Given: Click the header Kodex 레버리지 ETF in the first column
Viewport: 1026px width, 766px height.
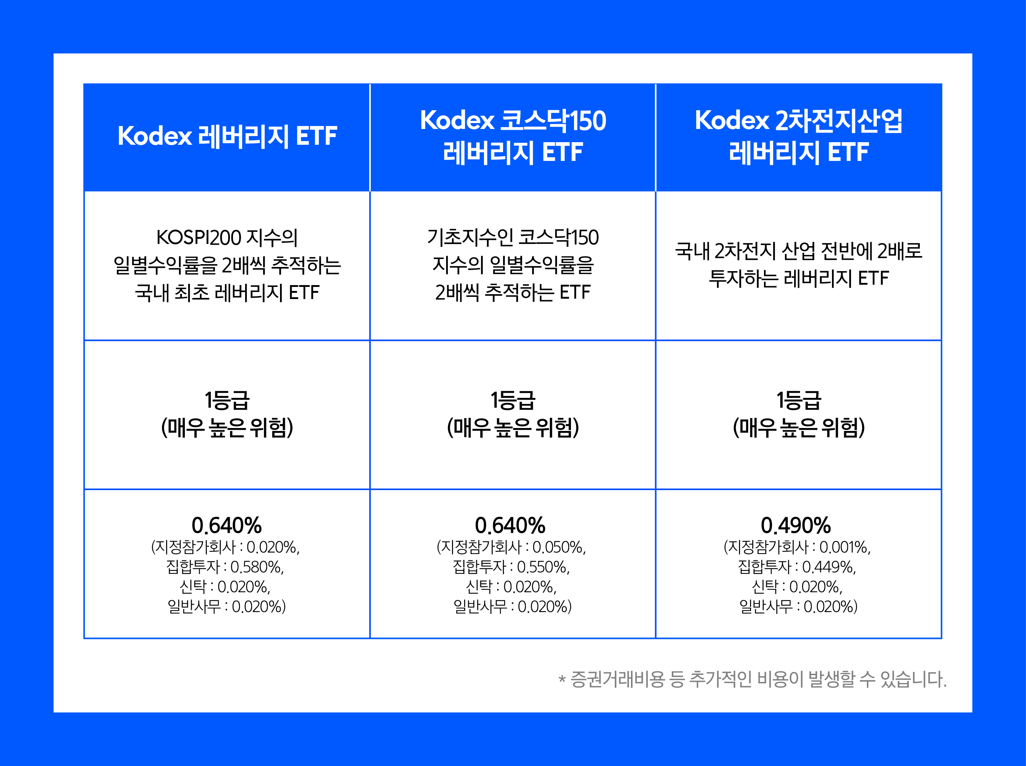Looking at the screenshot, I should pyautogui.click(x=227, y=136).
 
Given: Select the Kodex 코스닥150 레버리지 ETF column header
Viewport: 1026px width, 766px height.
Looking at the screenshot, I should pyautogui.click(x=513, y=136).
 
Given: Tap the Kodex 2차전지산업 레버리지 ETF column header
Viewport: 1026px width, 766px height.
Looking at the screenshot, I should pyautogui.click(x=798, y=136).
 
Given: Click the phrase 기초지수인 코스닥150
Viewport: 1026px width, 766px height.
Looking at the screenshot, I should pyautogui.click(x=513, y=238).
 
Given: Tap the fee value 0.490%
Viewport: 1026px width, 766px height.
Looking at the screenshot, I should pyautogui.click(x=796, y=525).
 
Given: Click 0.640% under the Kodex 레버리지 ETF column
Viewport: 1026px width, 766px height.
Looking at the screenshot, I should pyautogui.click(x=226, y=525).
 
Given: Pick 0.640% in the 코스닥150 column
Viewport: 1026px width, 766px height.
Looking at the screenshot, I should pyautogui.click(x=510, y=525).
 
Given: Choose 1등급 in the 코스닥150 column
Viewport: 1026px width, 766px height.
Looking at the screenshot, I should pyautogui.click(x=513, y=400).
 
